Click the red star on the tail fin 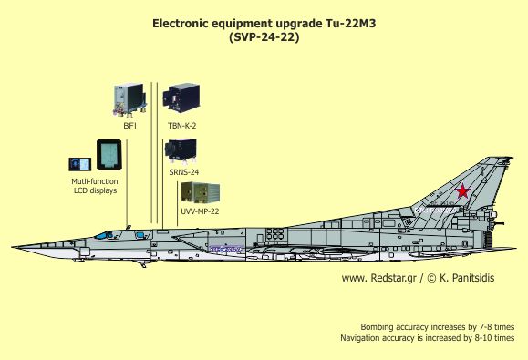click(462, 190)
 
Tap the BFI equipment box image click(130, 100)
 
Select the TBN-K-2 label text click(181, 126)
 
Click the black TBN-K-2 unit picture click(181, 98)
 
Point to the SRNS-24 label click(184, 172)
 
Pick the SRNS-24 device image click(181, 150)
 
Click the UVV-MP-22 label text click(200, 211)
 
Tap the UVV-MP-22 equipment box click(201, 193)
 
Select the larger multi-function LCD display click(109, 155)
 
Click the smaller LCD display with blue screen click(80, 164)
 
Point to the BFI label click(130, 126)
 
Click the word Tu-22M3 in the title click(350, 24)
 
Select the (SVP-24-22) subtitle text click(264, 37)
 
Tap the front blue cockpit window click(104, 235)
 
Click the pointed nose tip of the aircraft click(12, 247)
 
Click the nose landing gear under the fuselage click(143, 264)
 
